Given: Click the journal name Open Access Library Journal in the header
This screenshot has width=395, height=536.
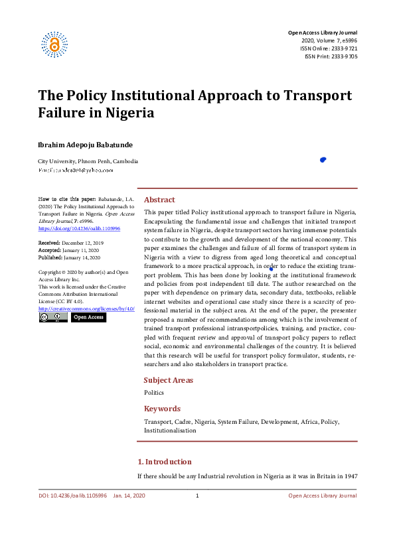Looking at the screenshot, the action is pos(322,33).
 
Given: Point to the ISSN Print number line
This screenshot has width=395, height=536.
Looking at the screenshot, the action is pos(331,56).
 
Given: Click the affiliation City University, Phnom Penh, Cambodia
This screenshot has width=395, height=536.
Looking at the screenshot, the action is pos(88,161).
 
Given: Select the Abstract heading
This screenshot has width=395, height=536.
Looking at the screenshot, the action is pos(159,200).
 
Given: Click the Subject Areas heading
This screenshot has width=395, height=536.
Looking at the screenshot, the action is pos(169,380).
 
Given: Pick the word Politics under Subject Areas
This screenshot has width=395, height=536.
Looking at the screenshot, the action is pos(154,393).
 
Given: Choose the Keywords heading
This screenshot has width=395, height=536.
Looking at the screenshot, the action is pos(162,409).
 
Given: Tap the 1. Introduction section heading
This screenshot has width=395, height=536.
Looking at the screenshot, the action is pos(164,462).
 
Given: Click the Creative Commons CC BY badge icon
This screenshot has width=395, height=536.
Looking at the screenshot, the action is pos(52,317).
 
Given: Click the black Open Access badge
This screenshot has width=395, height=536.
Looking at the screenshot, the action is pos(88,317).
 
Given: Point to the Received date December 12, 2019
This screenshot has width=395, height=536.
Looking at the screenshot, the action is pos(69,243).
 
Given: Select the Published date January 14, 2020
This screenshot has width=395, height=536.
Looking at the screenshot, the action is pos(69,257).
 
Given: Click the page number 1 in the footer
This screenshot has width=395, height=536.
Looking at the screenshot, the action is pos(197,496).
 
